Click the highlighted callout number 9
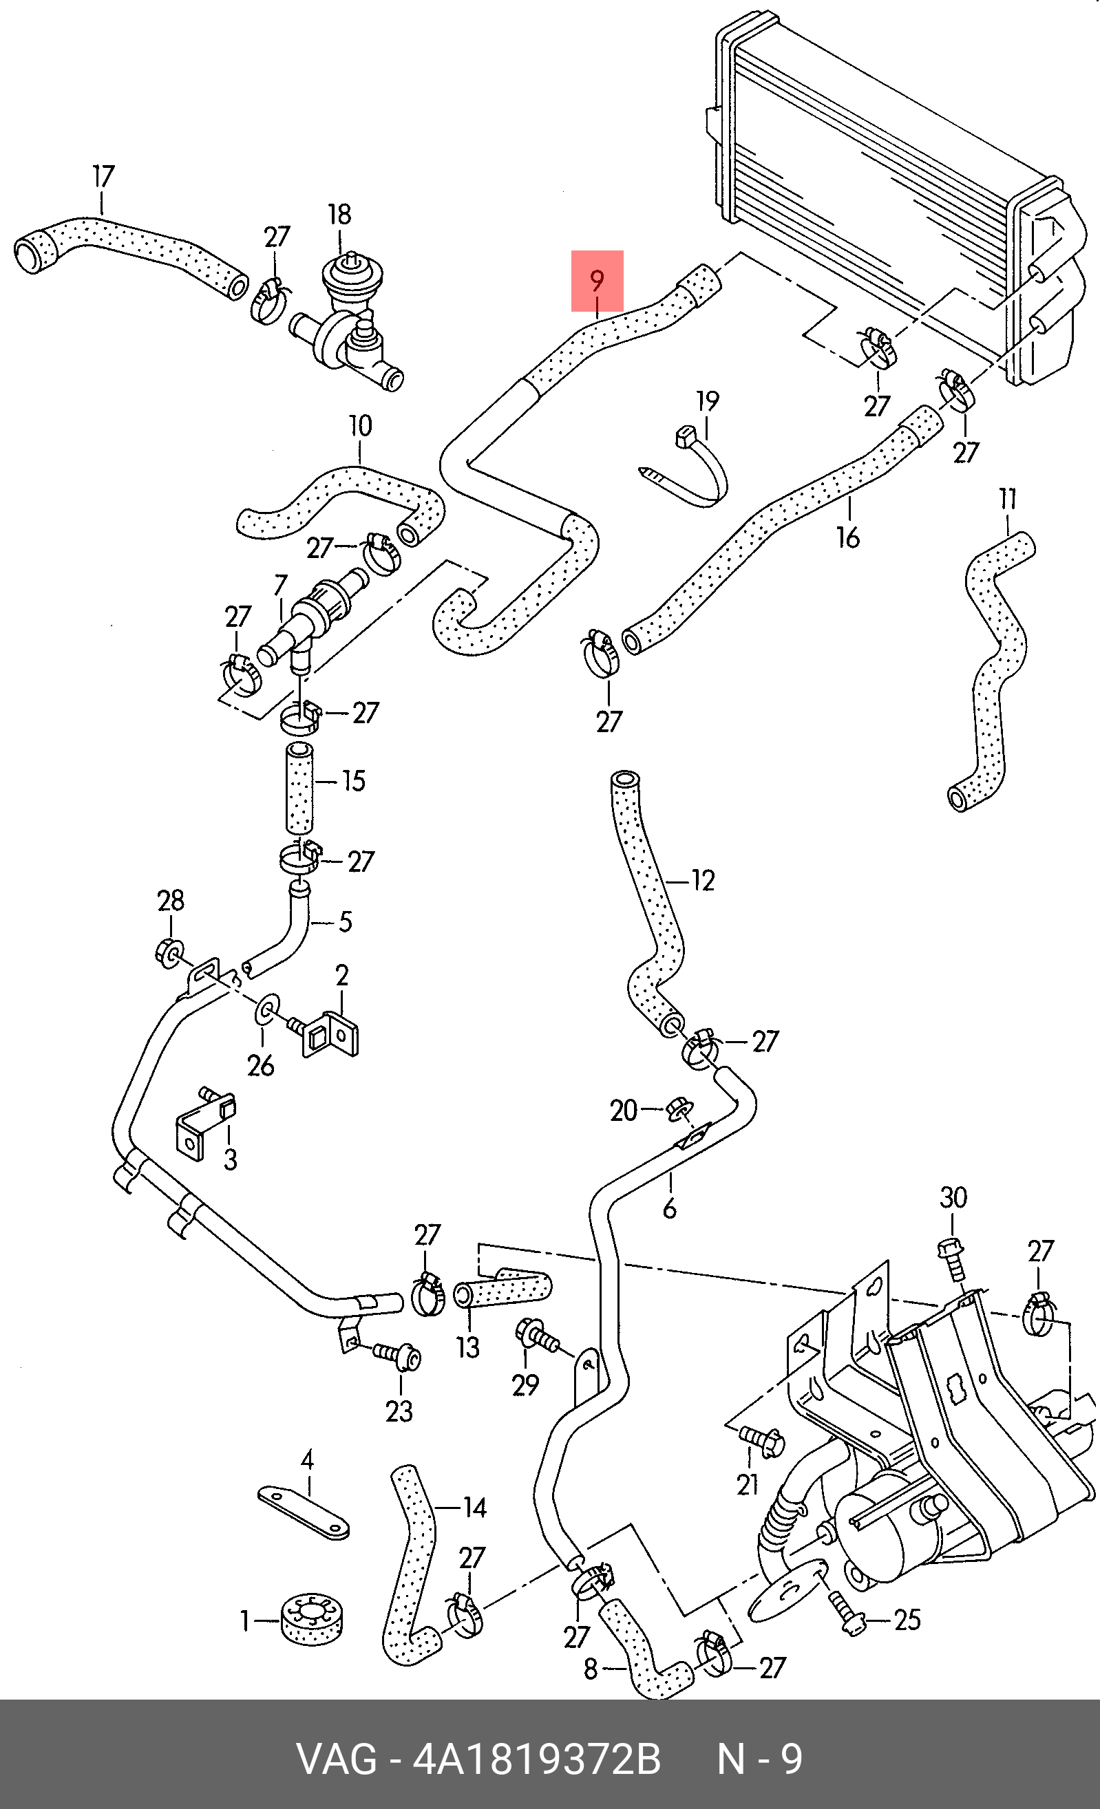(x=597, y=281)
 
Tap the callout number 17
(x=103, y=176)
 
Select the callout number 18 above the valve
(x=339, y=215)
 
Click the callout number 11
(x=1008, y=500)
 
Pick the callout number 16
(x=848, y=537)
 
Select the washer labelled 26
(x=265, y=1010)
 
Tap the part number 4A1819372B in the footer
(x=537, y=1761)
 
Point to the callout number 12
(x=703, y=879)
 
